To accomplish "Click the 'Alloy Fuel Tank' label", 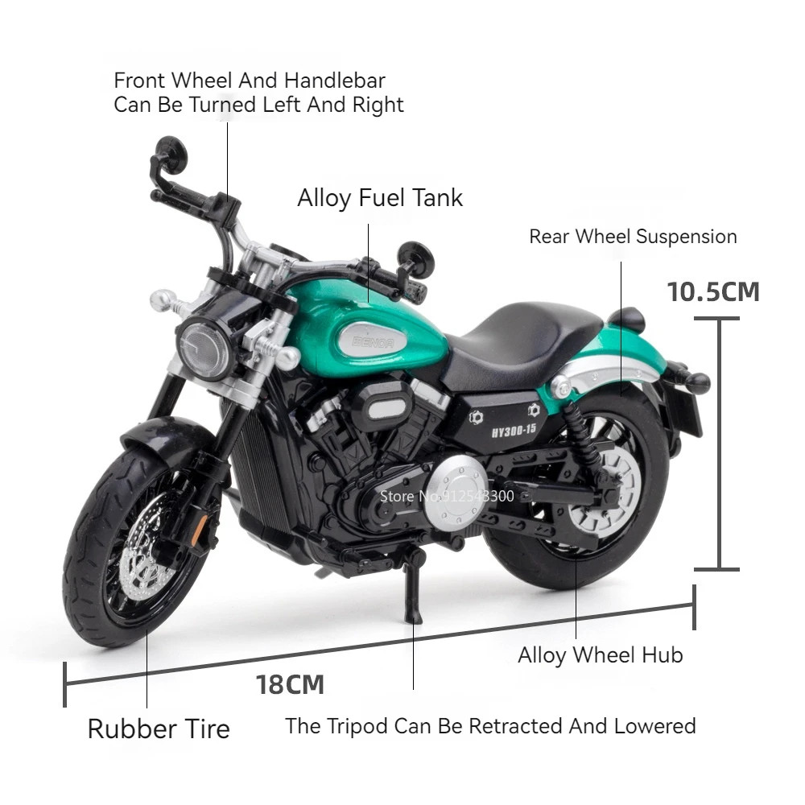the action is click(x=380, y=198).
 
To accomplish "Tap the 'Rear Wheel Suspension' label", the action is click(x=633, y=237).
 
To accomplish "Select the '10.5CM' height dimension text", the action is click(x=713, y=291).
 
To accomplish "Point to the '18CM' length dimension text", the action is click(x=290, y=685).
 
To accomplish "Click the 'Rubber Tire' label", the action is click(x=159, y=729).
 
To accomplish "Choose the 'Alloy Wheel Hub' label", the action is click(x=600, y=655).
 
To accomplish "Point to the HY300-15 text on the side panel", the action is click(x=513, y=429).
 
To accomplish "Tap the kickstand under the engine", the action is click(x=411, y=592).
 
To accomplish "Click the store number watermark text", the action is click(x=447, y=496).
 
